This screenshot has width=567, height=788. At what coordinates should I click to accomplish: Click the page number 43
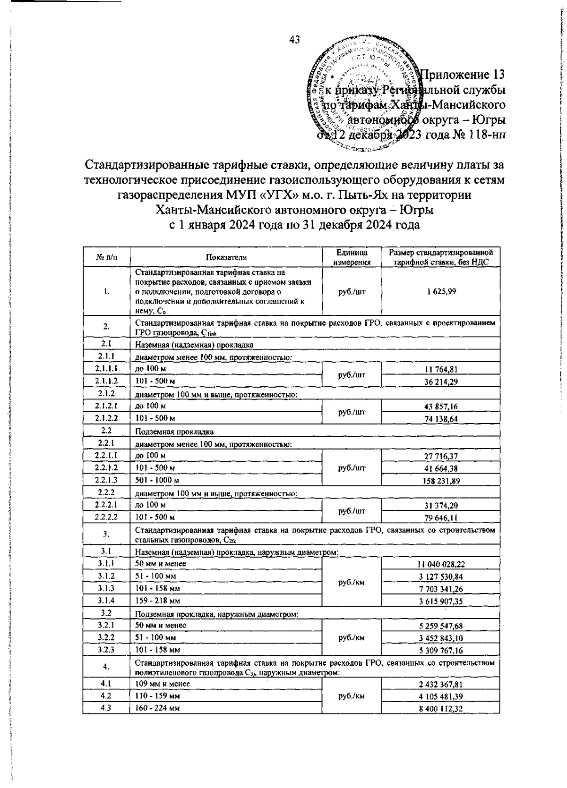click(x=294, y=41)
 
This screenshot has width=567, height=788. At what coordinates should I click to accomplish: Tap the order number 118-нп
click(x=485, y=136)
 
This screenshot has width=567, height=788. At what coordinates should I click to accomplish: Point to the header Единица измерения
click(x=351, y=257)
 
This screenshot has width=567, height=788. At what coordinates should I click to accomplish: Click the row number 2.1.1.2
click(x=106, y=381)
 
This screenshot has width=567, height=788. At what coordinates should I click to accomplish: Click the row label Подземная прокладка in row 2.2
click(x=174, y=431)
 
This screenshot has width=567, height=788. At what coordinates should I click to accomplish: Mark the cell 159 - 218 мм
click(x=158, y=601)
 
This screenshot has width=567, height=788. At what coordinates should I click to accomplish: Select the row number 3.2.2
click(x=106, y=637)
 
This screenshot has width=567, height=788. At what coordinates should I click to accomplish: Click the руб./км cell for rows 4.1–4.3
click(x=351, y=696)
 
